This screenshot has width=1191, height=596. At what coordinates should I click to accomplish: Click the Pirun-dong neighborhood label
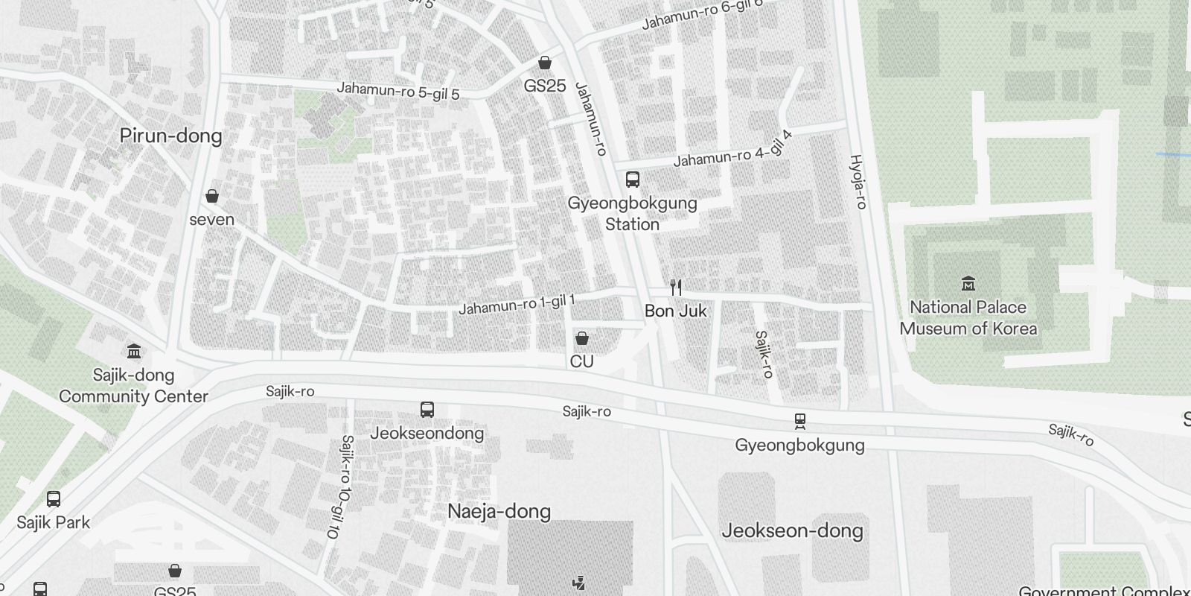(171, 136)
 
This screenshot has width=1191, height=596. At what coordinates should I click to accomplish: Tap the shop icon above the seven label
(212, 196)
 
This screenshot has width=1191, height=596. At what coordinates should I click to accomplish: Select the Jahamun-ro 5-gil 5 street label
(397, 90)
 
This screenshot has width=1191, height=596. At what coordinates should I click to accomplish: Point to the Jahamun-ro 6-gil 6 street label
(702, 14)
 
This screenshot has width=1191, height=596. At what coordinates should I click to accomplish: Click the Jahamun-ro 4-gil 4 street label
(732, 150)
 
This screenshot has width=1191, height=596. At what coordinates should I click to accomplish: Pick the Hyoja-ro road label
(859, 181)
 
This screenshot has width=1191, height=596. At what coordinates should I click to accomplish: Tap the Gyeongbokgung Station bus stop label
(632, 213)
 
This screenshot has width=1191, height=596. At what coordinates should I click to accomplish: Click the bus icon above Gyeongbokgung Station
(632, 179)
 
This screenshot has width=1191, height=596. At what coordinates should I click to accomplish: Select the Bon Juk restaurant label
(675, 311)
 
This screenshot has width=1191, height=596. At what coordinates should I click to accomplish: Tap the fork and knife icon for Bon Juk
(676, 287)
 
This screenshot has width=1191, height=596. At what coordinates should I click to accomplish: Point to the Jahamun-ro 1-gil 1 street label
(517, 304)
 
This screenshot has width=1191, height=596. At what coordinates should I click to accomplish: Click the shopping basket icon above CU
(582, 338)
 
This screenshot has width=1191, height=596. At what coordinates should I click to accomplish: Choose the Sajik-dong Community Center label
(133, 385)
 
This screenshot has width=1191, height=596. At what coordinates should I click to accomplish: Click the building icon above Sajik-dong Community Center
(134, 350)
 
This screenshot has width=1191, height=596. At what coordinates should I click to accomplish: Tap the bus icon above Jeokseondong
(427, 409)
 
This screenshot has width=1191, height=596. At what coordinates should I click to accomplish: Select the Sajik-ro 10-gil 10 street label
(339, 487)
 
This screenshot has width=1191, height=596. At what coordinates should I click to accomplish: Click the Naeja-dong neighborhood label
(499, 511)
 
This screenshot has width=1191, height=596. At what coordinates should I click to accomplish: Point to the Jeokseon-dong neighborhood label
(792, 530)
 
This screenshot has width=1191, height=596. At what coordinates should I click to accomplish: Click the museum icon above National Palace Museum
(968, 283)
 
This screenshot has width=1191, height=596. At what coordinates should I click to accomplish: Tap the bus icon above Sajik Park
(54, 498)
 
